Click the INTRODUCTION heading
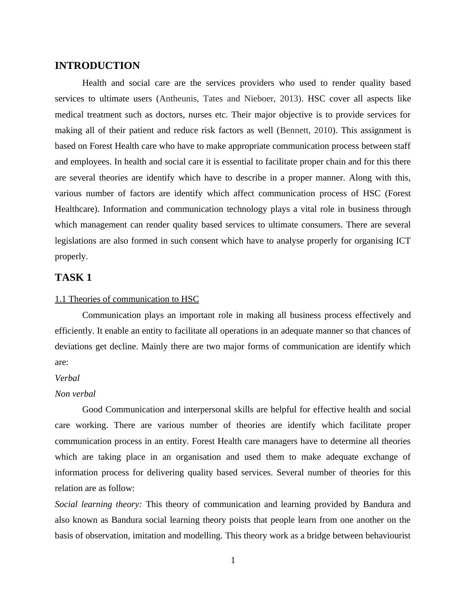97,66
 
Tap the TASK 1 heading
73,278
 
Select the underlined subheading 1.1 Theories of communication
126,299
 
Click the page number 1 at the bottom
233,560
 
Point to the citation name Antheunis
178,99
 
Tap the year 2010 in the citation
323,130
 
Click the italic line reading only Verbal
67,378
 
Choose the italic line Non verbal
75,394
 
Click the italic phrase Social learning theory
98,504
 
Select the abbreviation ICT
403,241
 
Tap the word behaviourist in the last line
387,536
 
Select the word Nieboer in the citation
259,99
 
